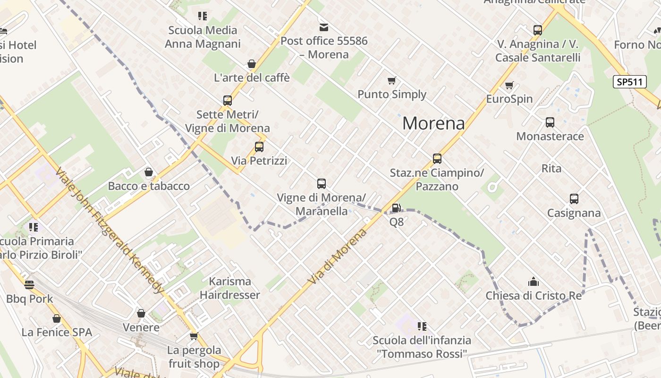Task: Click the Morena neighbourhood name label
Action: click(x=433, y=123)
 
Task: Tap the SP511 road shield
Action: click(x=630, y=82)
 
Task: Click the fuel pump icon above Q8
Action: click(x=396, y=208)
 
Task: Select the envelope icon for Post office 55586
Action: click(x=323, y=27)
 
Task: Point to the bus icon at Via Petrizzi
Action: click(x=259, y=147)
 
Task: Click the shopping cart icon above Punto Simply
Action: click(x=391, y=81)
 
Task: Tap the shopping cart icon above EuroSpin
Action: click(x=509, y=86)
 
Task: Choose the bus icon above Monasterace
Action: click(x=550, y=123)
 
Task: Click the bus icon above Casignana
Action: click(x=574, y=199)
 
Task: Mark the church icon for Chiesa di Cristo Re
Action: click(x=534, y=282)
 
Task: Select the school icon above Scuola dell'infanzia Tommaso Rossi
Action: click(x=422, y=326)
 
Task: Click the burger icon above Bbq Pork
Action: click(x=29, y=285)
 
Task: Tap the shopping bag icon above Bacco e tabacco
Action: click(x=149, y=172)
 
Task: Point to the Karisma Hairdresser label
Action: click(x=230, y=288)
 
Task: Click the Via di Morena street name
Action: click(x=337, y=257)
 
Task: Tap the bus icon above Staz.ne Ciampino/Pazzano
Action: click(x=437, y=159)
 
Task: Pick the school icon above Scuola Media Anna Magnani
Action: click(x=203, y=17)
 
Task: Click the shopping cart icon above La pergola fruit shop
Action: click(x=194, y=336)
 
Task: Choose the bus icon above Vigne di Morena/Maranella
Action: click(x=322, y=184)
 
